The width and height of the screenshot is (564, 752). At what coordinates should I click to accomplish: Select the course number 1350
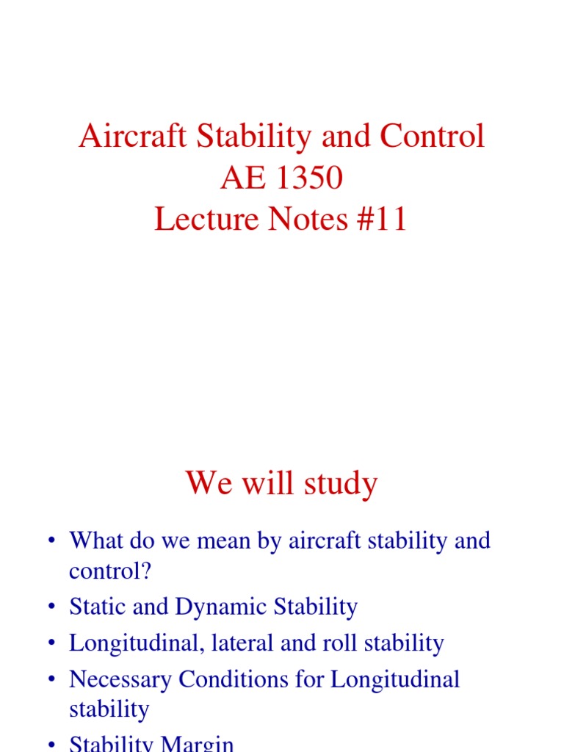pos(309,178)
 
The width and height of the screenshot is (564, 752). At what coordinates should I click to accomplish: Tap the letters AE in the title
pos(245,178)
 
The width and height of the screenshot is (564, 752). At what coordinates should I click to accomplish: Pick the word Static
pos(92,607)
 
